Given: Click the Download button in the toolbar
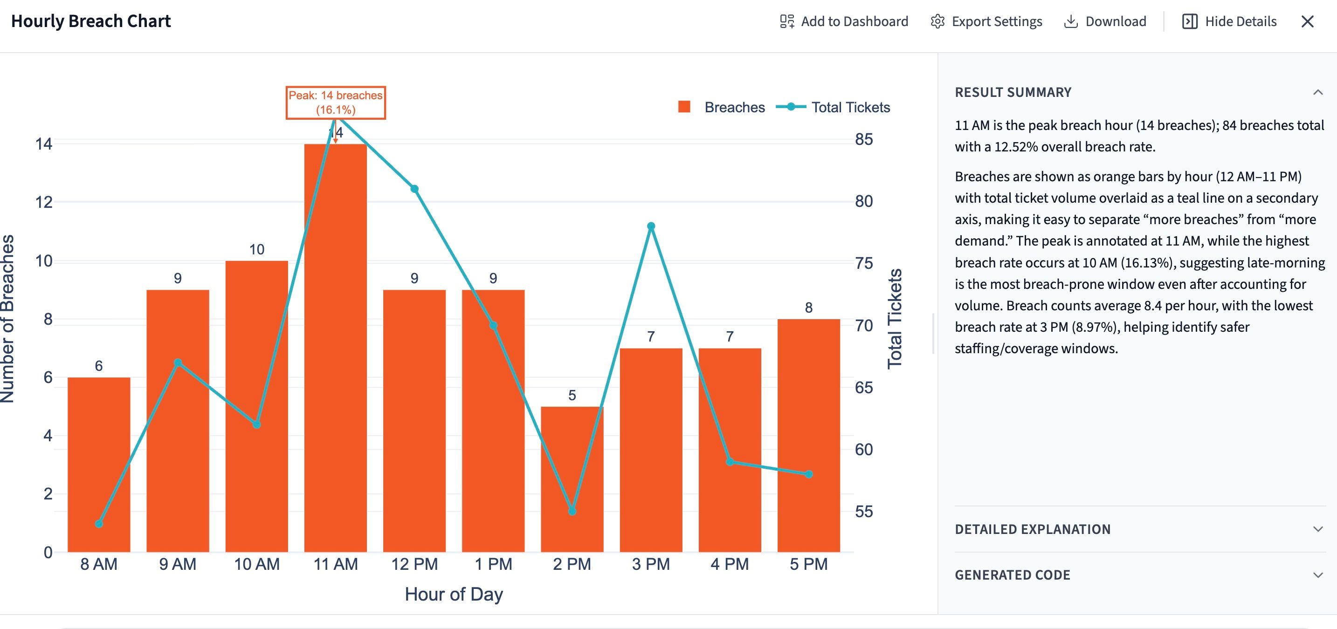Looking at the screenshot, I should point(1105,21).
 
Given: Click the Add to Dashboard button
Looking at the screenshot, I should point(844,21).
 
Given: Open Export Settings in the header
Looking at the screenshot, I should point(986,21).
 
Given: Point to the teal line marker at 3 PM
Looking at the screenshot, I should point(651,226).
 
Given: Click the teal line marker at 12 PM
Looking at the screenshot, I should point(414,189).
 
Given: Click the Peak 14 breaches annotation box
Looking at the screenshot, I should point(336,103).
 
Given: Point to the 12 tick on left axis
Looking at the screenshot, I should point(44,202).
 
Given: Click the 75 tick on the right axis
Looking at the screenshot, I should point(864,263).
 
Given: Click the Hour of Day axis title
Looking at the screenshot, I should point(454,594).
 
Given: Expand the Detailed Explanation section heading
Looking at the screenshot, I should point(1033,529).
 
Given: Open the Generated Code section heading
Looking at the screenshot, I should point(1013,574).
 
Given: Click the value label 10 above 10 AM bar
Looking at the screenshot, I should point(256,249).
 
